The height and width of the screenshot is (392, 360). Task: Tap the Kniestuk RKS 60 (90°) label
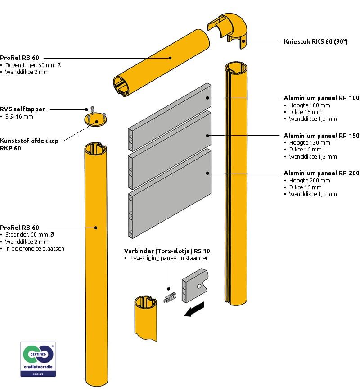coord(316,41)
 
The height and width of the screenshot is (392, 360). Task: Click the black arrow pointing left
coord(194,309)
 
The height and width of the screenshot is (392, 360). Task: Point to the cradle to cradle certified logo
coord(38,359)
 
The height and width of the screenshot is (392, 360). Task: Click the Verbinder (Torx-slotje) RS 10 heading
coord(167,251)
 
